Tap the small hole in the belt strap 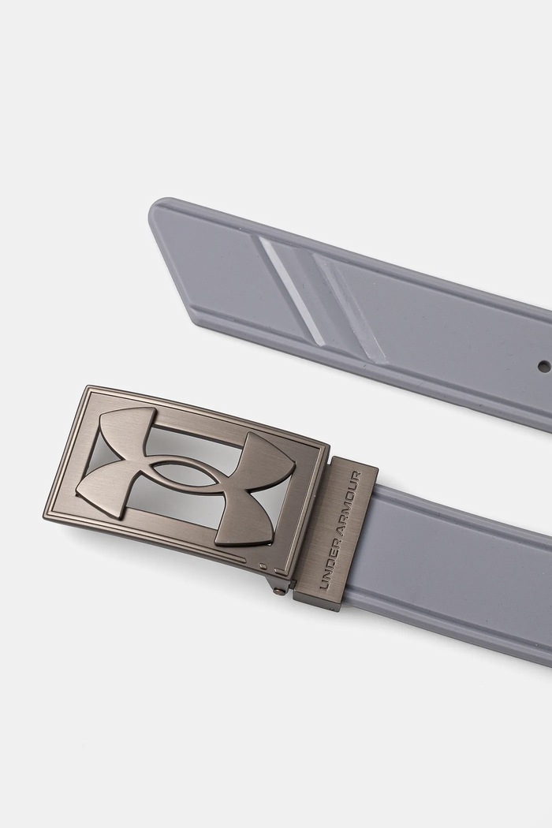click(x=542, y=364)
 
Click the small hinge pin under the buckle click(x=277, y=592)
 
